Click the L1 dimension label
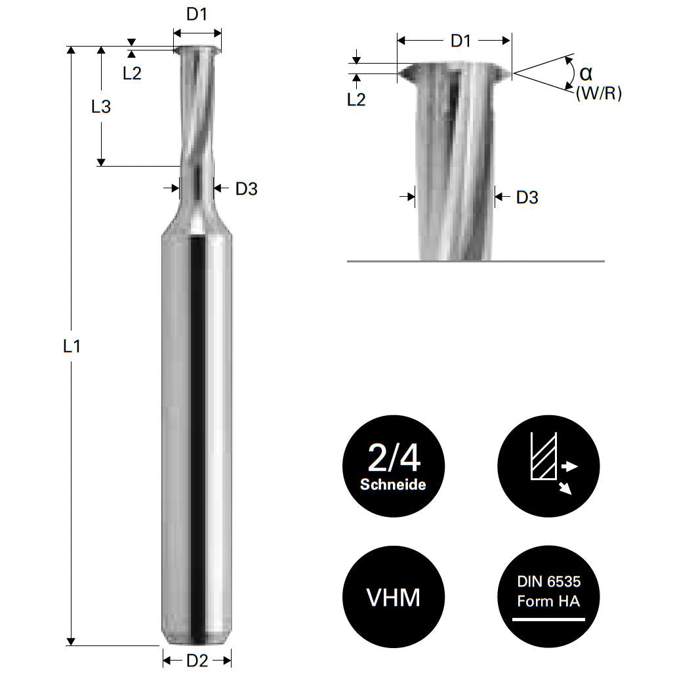click(71, 346)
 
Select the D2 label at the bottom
click(197, 661)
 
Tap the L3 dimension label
click(100, 106)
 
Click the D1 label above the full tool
click(197, 14)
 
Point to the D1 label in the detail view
click(460, 41)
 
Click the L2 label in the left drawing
click(132, 73)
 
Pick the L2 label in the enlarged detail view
click(356, 100)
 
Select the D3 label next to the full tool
click(247, 189)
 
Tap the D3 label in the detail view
click(527, 197)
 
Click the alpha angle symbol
click(586, 72)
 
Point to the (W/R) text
click(598, 94)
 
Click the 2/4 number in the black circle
click(394, 459)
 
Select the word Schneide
click(393, 485)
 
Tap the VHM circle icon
click(394, 597)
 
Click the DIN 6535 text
click(548, 582)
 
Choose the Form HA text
click(548, 600)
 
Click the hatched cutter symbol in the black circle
click(543, 457)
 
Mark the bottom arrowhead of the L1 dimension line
click(71, 641)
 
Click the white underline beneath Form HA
click(548, 619)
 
